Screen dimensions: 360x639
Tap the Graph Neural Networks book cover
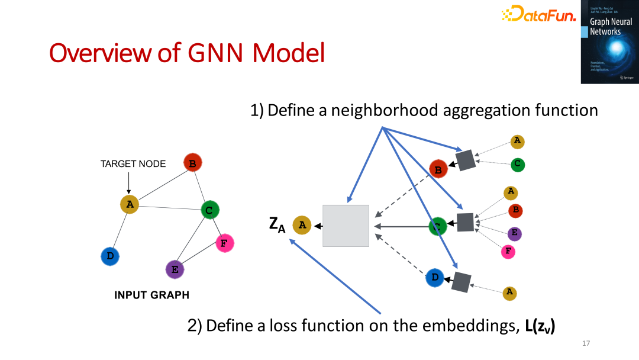point(609,41)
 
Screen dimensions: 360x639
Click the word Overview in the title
point(101,53)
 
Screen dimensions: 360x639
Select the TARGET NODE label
point(133,164)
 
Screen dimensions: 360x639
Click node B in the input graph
point(192,162)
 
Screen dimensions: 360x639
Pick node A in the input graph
point(129,204)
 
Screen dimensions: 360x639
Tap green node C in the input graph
point(209,210)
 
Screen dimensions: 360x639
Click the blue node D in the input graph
point(109,256)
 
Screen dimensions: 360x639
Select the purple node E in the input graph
point(175,269)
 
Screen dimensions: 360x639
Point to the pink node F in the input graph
point(224,243)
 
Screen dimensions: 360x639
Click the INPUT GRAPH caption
point(151,295)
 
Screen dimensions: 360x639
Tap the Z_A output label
point(277,224)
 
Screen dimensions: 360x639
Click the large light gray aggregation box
point(346,226)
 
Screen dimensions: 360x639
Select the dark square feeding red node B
point(465,160)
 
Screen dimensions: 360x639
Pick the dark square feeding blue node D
point(460,282)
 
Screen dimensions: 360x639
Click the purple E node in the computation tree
point(514,233)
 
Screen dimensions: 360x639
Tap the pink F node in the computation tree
point(508,252)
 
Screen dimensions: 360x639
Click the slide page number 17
point(586,343)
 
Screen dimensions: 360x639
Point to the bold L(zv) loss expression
point(540,326)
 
